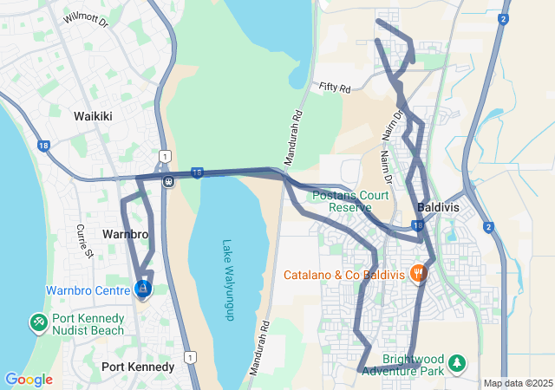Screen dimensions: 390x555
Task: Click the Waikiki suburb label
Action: click(x=93, y=115)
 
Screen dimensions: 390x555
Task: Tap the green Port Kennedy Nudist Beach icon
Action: click(x=39, y=323)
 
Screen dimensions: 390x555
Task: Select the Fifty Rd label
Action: click(x=334, y=88)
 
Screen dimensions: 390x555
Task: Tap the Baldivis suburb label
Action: click(x=443, y=209)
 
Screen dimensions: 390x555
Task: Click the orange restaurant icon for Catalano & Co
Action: click(x=418, y=273)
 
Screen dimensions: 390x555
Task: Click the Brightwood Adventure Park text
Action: click(x=402, y=365)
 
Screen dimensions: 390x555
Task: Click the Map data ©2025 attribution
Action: click(x=518, y=383)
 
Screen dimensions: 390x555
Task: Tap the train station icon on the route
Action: click(x=167, y=182)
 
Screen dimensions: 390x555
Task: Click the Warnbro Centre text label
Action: click(x=89, y=290)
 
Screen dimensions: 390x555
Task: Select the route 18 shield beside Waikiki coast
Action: click(x=42, y=146)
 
